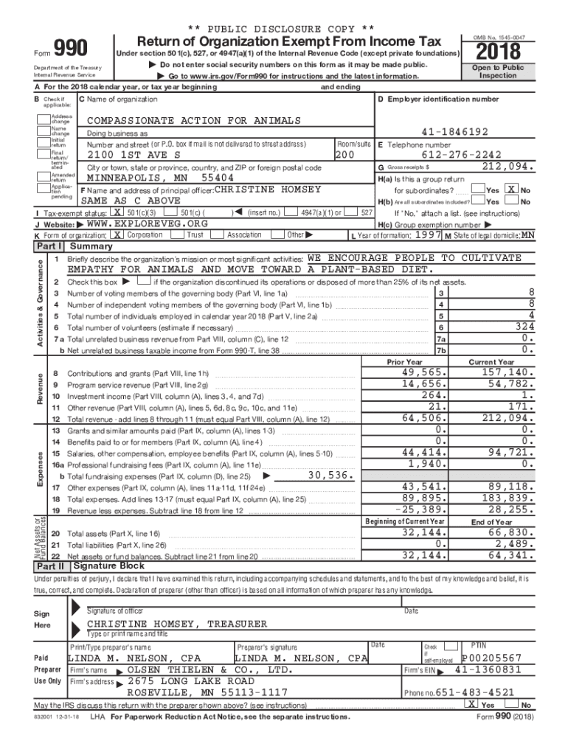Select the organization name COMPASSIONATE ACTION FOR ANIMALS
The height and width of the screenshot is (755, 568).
pyautogui.click(x=193, y=120)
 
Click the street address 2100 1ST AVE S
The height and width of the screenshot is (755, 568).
pyautogui.click(x=134, y=156)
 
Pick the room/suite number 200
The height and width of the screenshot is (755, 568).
pyautogui.click(x=345, y=156)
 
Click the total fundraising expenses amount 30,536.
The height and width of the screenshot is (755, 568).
pyautogui.click(x=329, y=476)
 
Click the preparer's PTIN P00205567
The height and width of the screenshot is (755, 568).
pyautogui.click(x=491, y=658)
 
